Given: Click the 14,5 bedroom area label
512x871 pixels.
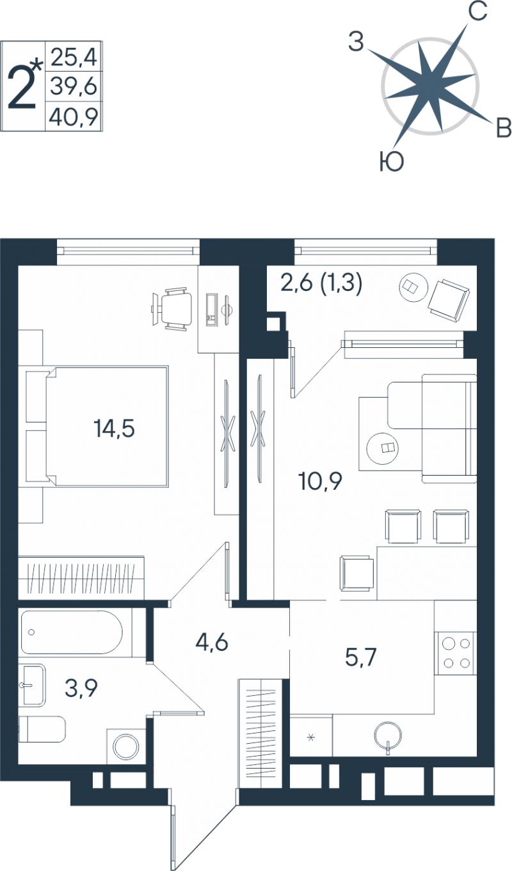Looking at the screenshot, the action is point(114,428).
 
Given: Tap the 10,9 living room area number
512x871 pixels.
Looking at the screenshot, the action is point(320,481).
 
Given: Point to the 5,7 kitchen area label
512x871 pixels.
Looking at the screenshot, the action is point(361,658).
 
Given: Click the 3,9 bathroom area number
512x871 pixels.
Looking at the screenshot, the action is point(81,688).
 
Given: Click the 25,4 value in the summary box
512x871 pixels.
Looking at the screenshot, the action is point(74,57).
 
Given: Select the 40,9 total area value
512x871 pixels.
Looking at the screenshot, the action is point(74,116).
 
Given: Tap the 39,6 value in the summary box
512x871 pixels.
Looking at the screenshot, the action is point(74,86).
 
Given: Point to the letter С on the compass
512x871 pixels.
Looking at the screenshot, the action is point(477,11).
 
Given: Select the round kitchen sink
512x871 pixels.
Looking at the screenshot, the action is point(387,735).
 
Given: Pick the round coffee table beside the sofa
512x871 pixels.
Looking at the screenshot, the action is point(383,448).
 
